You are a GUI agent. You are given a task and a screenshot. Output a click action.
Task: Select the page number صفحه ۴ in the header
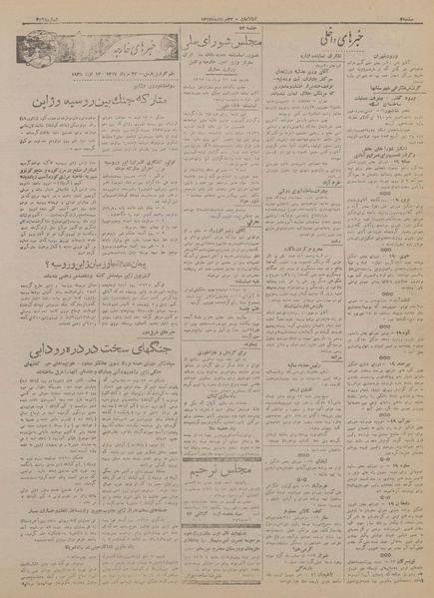[414, 8]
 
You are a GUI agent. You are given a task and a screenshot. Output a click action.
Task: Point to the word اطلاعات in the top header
[219, 8]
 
